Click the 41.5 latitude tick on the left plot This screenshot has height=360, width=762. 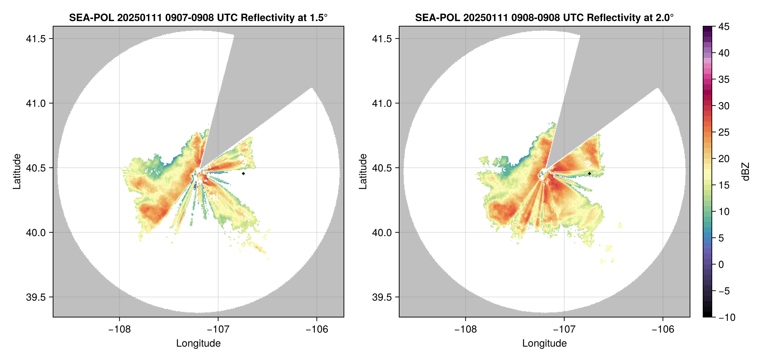(x=36, y=39)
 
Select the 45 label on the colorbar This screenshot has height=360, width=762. (x=723, y=27)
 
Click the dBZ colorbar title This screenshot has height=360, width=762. (x=746, y=172)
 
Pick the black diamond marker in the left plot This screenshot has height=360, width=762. (x=243, y=173)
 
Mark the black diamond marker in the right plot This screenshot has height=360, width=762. (x=589, y=173)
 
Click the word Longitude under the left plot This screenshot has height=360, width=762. (x=198, y=343)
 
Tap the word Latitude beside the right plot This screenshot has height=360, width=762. (x=363, y=172)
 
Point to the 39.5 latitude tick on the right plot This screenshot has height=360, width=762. (x=382, y=297)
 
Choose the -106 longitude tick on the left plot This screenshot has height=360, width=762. (x=317, y=329)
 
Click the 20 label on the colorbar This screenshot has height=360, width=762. (x=723, y=159)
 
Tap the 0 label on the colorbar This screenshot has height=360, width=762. (x=721, y=264)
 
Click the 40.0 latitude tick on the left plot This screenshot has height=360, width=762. (x=36, y=232)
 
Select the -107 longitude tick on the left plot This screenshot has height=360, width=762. (x=218, y=329)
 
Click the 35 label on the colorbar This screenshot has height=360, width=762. (x=723, y=79)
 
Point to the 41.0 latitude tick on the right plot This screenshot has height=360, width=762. (x=382, y=103)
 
